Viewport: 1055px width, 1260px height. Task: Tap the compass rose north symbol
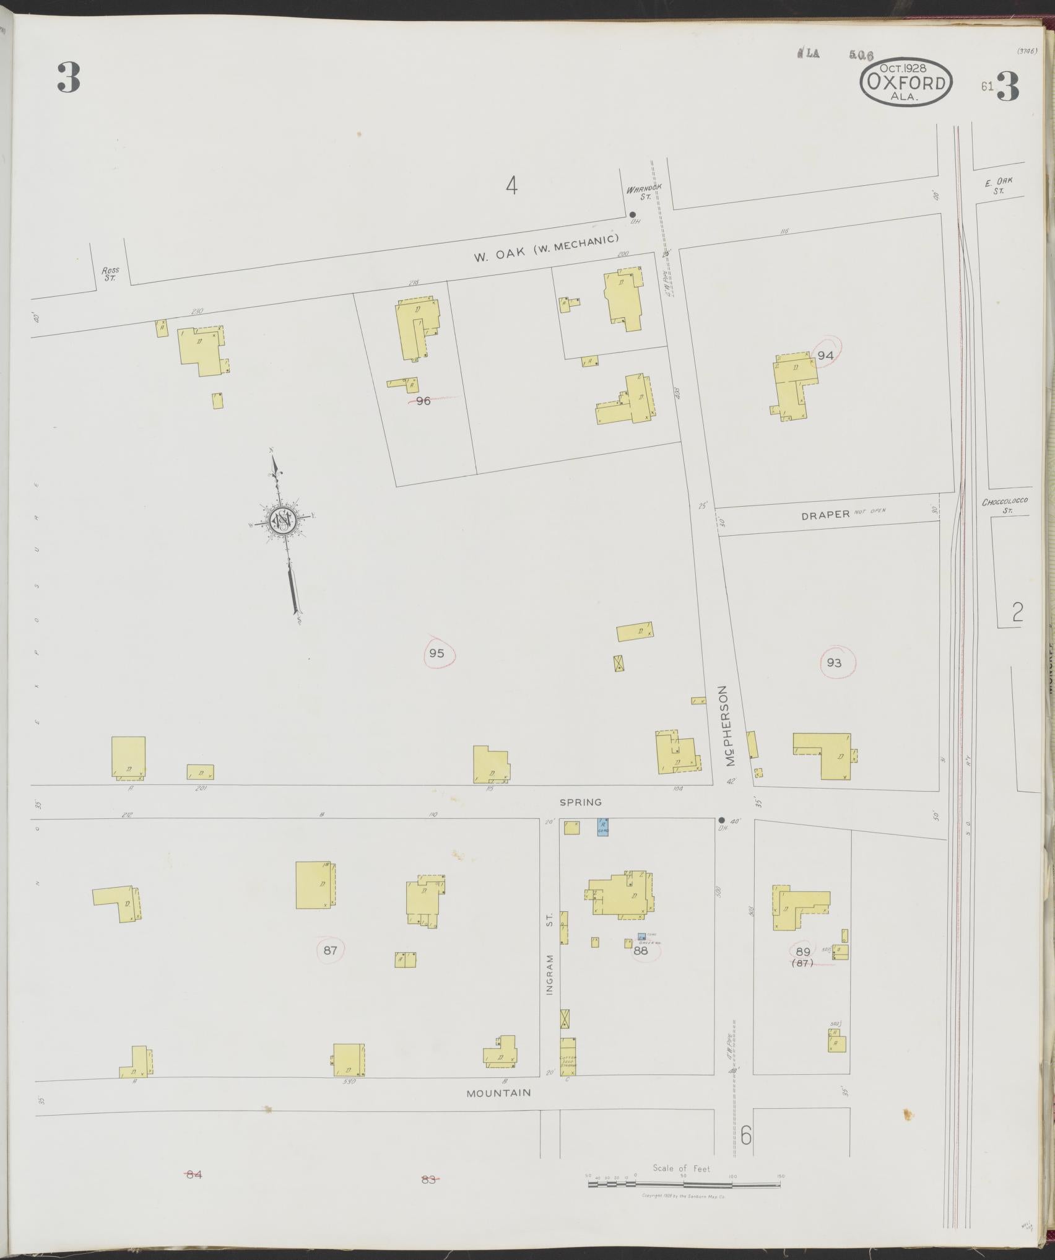point(282,521)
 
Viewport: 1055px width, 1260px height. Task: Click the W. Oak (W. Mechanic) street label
point(547,248)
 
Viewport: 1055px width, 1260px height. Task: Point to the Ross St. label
point(111,274)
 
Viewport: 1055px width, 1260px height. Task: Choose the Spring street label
point(580,802)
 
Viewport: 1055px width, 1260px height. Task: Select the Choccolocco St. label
point(1005,506)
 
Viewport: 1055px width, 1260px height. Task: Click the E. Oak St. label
point(997,186)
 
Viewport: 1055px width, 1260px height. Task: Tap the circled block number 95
point(437,652)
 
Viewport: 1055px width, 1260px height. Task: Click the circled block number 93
point(834,663)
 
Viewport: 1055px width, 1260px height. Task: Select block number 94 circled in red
point(825,356)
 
